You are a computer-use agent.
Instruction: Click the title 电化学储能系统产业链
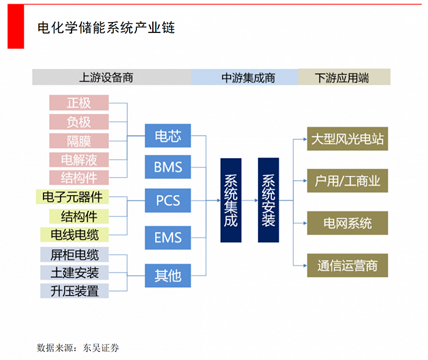106,28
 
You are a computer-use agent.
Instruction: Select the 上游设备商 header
111,77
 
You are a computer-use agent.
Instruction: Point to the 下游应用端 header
343,77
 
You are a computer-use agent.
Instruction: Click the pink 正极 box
79,103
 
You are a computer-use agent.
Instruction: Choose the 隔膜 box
79,141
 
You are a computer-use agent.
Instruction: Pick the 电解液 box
79,160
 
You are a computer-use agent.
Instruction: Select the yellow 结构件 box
79,216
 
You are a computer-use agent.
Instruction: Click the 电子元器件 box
73,197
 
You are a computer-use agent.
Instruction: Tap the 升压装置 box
75,291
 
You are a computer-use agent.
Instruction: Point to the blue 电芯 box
168,136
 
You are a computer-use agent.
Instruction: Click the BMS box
168,167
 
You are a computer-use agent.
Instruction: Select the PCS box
168,200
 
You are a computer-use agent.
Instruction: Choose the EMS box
168,237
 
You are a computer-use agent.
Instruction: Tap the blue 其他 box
168,275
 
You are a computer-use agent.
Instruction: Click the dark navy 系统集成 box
231,200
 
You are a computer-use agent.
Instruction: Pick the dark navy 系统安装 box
268,200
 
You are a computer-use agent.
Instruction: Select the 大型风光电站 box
347,139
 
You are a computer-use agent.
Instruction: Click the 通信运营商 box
347,266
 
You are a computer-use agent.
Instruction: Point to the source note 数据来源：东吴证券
78,347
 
